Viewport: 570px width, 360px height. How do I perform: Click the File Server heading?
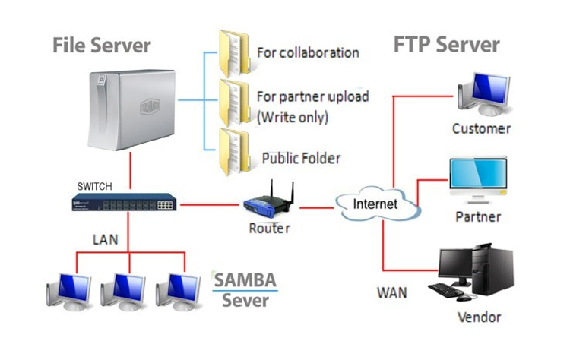point(101,46)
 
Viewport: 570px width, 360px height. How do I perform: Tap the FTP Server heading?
point(447,45)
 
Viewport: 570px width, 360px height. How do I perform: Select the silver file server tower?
point(132,109)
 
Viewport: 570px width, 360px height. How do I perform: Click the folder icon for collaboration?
point(235,53)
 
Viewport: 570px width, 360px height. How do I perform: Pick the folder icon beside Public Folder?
point(235,152)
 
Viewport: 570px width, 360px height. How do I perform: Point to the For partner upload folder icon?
point(235,103)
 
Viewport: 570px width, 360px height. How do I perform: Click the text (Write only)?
point(293,117)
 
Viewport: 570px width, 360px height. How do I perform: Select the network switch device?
point(125,202)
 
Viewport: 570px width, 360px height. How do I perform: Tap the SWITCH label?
point(94,186)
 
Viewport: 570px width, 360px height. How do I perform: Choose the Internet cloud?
point(378,204)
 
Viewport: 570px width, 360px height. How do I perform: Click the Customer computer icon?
point(485,94)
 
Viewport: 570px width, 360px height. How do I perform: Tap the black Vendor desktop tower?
point(492,270)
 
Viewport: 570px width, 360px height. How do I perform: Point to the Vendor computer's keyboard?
point(445,290)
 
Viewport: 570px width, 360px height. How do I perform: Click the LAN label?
point(106,239)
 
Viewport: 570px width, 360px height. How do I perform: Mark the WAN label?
point(392,293)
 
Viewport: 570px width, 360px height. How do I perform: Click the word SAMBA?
point(245,280)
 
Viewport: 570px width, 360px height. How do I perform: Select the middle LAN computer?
point(124,292)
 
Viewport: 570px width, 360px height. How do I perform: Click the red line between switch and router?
point(210,205)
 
